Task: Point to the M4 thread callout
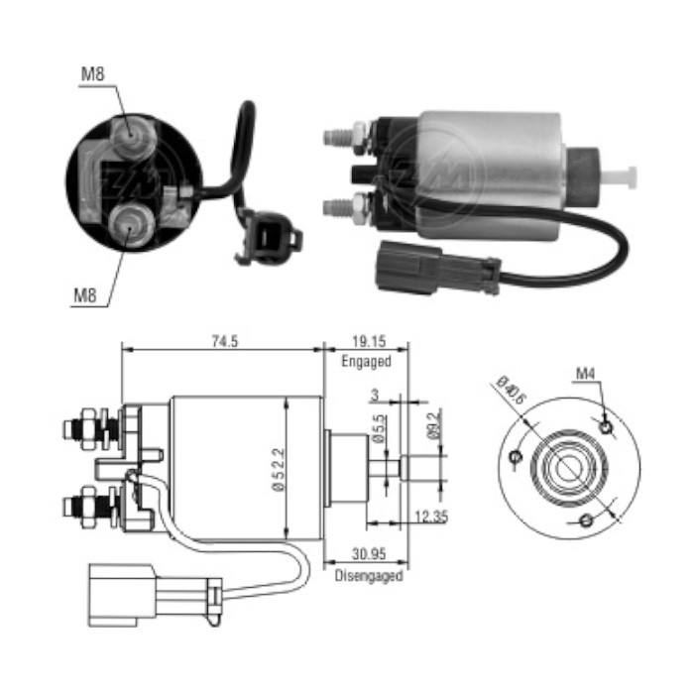click(x=586, y=375)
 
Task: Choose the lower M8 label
click(x=86, y=295)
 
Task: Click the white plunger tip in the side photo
click(x=623, y=177)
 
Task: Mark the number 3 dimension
click(x=375, y=395)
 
